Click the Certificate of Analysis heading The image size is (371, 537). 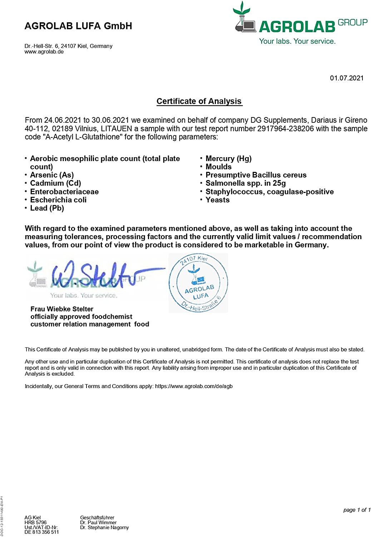tap(199, 101)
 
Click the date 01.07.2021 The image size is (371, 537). tap(346, 78)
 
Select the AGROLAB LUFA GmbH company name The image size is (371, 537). tap(78, 26)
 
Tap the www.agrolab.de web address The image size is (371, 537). tap(44, 52)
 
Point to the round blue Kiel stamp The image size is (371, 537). tap(198, 283)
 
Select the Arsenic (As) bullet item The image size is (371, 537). tap(52, 175)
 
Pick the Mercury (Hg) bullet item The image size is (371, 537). tap(228, 159)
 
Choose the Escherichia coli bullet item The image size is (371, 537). tap(58, 200)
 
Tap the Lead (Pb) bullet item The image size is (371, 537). tap(47, 208)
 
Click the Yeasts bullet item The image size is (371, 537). tap(217, 200)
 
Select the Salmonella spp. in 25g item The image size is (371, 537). tap(246, 183)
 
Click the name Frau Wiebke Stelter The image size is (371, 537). tap(62, 309)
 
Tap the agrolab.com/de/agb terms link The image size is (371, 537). tap(194, 386)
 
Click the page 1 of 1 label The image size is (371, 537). tap(357, 510)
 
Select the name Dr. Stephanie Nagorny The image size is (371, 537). tap(104, 527)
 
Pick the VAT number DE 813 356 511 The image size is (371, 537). tap(41, 532)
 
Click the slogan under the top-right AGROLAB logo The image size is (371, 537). tap(297, 41)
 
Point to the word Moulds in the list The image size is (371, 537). tap(218, 167)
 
